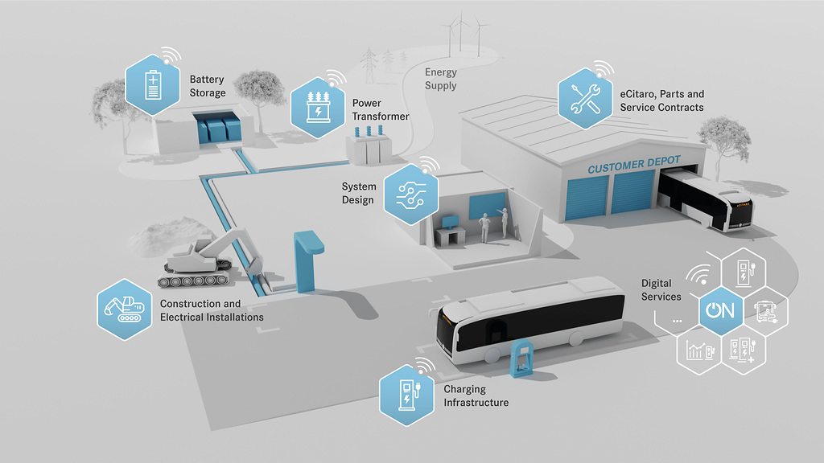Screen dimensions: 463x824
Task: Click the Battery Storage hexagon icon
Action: pos(153,84)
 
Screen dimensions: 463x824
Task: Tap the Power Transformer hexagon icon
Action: pos(317,108)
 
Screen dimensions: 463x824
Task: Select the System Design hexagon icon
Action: pos(410,194)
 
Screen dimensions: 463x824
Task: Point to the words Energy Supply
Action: pos(440,79)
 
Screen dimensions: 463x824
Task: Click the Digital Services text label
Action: pos(661,290)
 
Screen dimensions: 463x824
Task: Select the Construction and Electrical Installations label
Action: pos(212,310)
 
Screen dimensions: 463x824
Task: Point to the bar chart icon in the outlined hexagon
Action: pos(698,350)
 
